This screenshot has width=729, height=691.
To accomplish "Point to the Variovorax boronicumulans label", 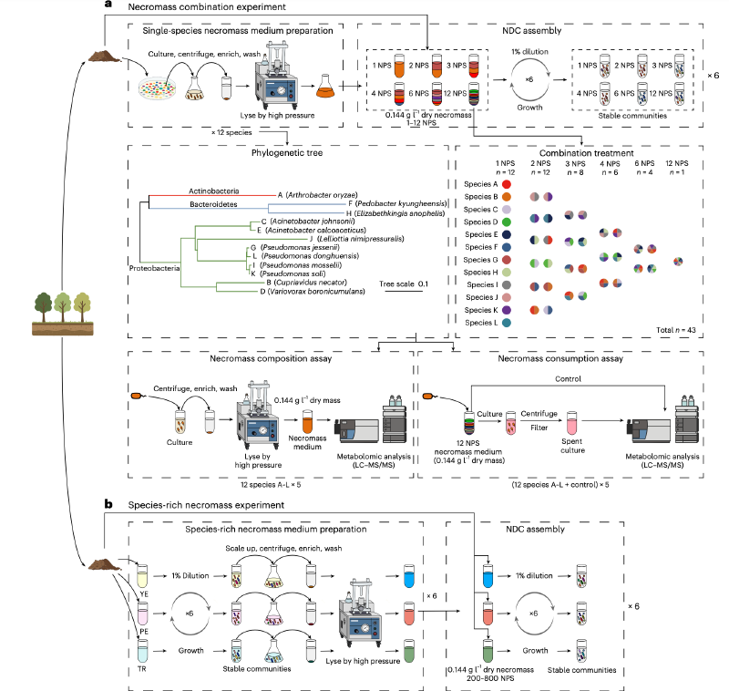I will [x=313, y=291].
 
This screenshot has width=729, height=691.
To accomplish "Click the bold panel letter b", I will [x=108, y=503].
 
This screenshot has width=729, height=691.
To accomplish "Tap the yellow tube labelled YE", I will [x=141, y=577].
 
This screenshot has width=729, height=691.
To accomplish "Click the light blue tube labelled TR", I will [x=141, y=650].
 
